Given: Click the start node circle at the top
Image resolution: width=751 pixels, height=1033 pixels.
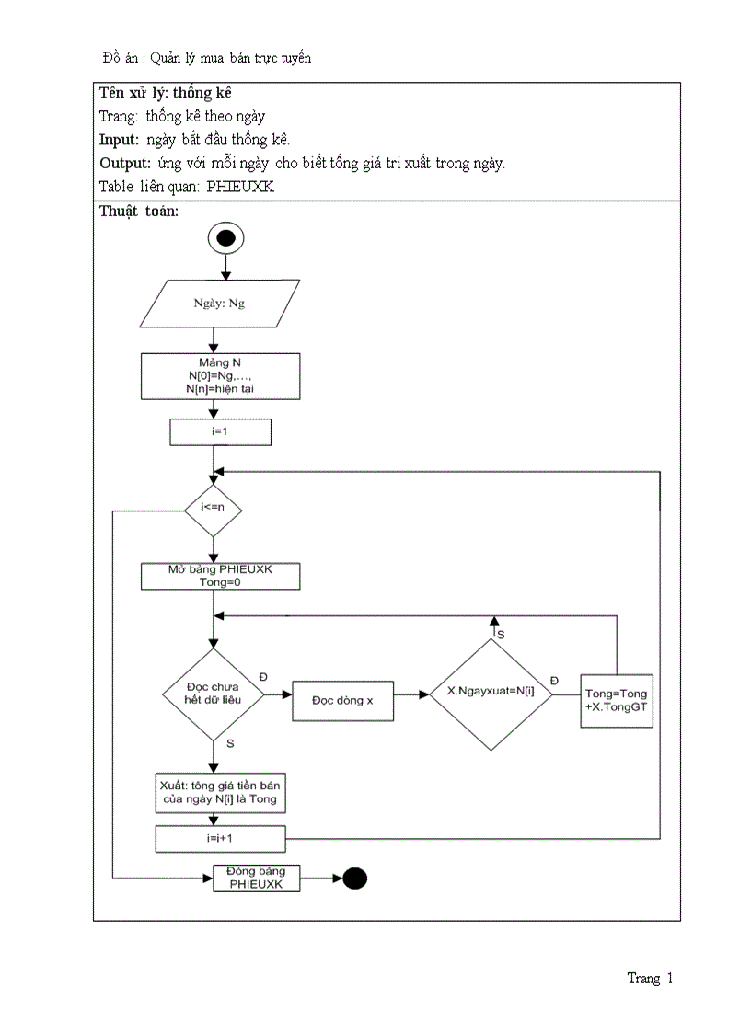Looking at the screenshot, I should (x=226, y=238).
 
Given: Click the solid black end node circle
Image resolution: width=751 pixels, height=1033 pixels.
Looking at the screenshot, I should (x=354, y=878).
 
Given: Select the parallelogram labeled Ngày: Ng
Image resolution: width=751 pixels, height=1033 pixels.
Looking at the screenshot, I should (x=219, y=304).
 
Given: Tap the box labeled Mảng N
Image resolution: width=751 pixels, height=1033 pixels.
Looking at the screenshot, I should (x=220, y=377).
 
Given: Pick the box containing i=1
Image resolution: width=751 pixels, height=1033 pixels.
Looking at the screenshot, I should (x=220, y=431).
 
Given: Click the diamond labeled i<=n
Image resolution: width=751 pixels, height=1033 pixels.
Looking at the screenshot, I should (x=213, y=506).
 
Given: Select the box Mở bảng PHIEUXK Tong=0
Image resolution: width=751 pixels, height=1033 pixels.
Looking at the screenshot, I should (x=220, y=576).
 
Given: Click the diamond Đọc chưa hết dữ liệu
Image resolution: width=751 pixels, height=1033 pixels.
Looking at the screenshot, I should (x=213, y=694).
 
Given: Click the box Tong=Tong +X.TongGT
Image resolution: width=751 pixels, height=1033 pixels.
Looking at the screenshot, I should (x=617, y=701).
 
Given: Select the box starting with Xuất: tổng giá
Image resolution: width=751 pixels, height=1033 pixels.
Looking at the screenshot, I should (x=219, y=791).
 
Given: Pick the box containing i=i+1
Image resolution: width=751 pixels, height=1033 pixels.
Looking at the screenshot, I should (x=220, y=839).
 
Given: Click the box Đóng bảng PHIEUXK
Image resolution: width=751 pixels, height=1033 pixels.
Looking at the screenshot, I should (x=257, y=878).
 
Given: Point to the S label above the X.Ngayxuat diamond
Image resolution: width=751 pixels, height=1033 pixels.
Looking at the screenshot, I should (x=501, y=635).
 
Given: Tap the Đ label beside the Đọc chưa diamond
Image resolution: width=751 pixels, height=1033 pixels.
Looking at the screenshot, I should (x=263, y=676).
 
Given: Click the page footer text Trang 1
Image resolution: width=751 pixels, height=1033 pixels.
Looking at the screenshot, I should (x=650, y=979).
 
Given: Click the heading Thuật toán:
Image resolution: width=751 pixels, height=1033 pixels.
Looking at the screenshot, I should (x=139, y=211).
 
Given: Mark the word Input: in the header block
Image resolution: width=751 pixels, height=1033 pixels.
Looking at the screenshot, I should (x=119, y=140).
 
